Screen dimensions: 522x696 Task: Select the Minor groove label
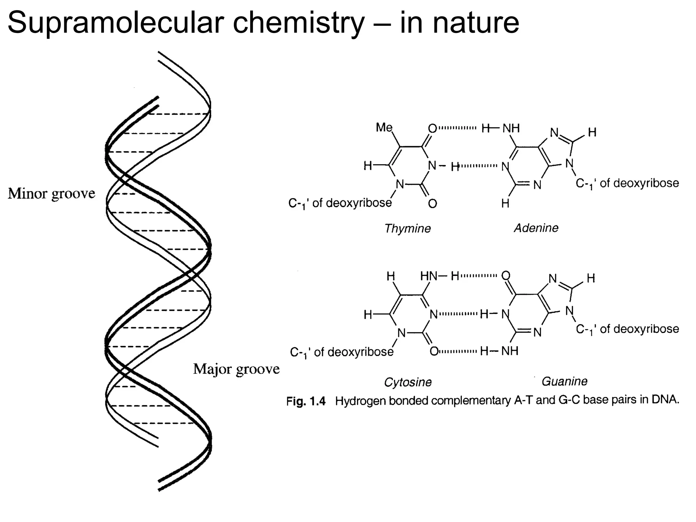pyautogui.click(x=52, y=194)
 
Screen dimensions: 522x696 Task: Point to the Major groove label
pyautogui.click(x=236, y=369)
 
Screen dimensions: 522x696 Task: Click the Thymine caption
pyautogui.click(x=407, y=228)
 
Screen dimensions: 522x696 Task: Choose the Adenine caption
pyautogui.click(x=536, y=228)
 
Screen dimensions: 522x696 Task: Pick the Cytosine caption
pyautogui.click(x=408, y=382)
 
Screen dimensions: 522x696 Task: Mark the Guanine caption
pyautogui.click(x=564, y=381)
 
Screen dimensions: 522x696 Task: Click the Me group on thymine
pyautogui.click(x=384, y=127)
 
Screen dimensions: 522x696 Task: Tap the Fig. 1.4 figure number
pyautogui.click(x=306, y=401)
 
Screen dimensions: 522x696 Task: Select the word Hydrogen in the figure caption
pyautogui.click(x=361, y=401)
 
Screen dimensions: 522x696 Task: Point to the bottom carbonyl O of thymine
pyautogui.click(x=432, y=204)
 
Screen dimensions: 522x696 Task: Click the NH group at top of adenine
pyautogui.click(x=511, y=128)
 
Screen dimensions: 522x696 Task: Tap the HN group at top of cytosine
pyautogui.click(x=429, y=276)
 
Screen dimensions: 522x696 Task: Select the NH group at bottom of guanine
pyautogui.click(x=510, y=351)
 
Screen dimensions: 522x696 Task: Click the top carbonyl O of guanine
pyautogui.click(x=506, y=275)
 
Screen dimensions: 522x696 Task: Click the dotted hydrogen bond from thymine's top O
pyautogui.click(x=457, y=128)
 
